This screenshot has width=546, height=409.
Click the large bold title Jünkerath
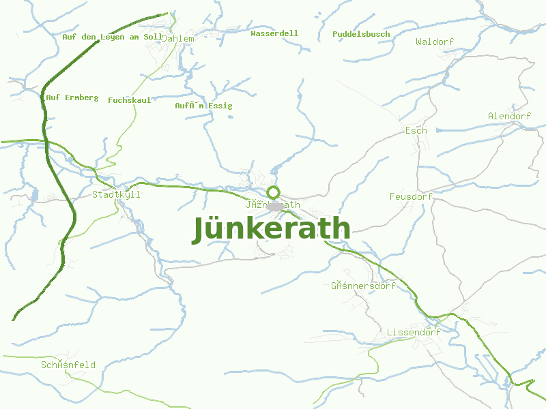click(272, 229)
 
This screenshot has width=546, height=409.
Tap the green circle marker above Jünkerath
click(274, 192)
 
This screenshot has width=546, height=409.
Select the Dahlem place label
click(177, 39)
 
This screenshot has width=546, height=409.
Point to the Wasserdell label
click(274, 33)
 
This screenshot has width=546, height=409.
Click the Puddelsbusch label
click(361, 34)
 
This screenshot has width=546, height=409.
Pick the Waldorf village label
click(435, 42)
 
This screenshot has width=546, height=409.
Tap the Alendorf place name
click(509, 117)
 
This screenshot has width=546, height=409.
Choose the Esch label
click(416, 130)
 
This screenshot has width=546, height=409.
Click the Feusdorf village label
click(411, 197)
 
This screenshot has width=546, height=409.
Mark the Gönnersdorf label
click(363, 286)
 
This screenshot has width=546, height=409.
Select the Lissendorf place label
click(414, 332)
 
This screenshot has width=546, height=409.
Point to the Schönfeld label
click(68, 365)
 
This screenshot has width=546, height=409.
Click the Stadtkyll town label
click(116, 194)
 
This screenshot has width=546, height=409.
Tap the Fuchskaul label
click(130, 100)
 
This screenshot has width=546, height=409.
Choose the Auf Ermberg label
click(72, 97)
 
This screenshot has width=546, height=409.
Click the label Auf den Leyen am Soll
click(113, 37)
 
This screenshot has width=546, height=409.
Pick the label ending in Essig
click(203, 106)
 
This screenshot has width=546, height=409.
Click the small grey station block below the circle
click(275, 206)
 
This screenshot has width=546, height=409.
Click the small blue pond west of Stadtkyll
click(35, 196)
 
